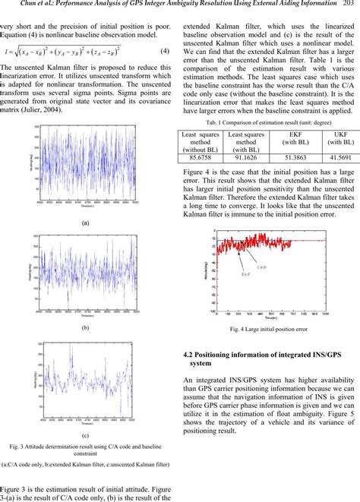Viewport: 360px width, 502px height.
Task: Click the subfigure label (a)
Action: (86, 223)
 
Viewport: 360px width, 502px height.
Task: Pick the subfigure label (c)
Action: (86, 434)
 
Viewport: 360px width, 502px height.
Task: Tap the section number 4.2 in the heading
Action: (191, 353)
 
